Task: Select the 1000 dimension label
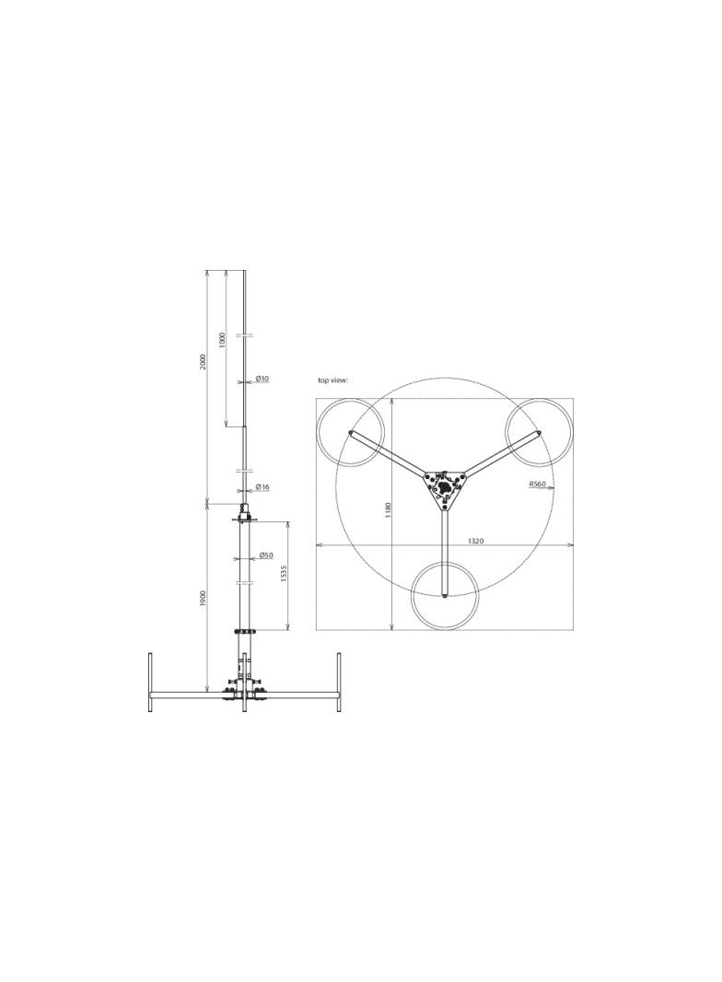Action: [x=222, y=340]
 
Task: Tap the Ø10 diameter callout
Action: [x=262, y=379]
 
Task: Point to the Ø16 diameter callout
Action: [x=262, y=487]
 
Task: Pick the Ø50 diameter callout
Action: [x=265, y=555]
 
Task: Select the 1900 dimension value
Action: [x=204, y=598]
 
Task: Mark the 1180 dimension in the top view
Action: [x=389, y=509]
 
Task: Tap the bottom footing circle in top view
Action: [x=445, y=596]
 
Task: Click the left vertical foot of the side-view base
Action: [x=150, y=682]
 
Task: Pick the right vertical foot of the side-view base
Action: [x=339, y=682]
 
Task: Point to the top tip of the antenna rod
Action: [x=244, y=272]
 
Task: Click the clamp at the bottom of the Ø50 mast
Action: [x=244, y=632]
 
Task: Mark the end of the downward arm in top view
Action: [x=445, y=596]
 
